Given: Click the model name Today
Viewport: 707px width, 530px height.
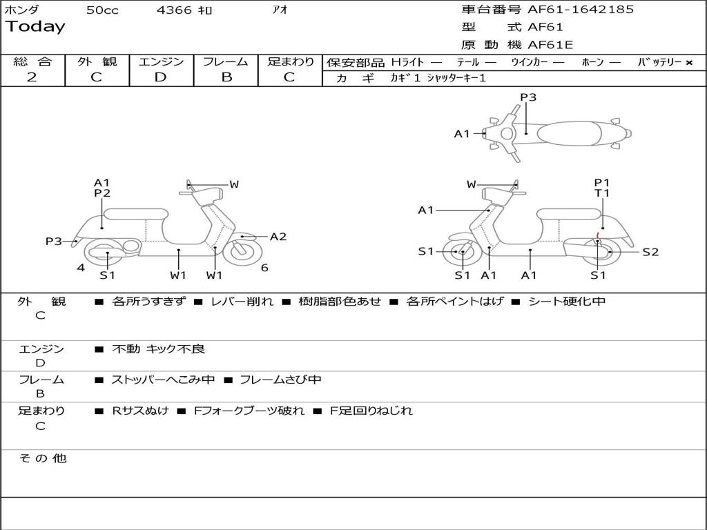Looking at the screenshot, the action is point(35,27).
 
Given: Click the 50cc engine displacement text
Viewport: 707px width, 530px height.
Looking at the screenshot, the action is point(102,10).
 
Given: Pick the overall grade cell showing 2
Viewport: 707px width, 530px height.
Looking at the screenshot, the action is point(32,77).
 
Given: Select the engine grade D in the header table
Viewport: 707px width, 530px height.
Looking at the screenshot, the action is point(161,77).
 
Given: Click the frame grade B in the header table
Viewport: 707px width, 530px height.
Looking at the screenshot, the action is point(226,77).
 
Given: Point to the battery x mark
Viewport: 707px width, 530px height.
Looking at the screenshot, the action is point(688,63).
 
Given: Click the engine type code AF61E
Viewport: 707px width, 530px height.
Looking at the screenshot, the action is point(550,46).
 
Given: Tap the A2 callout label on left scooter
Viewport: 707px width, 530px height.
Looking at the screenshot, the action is point(278,237).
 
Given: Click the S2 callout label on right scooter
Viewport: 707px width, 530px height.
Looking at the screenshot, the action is point(650,252).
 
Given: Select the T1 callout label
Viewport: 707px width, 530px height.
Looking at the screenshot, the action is point(603,193).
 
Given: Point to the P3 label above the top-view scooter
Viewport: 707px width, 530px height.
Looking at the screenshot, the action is point(528,97).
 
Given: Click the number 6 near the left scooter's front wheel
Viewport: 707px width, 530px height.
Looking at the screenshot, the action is point(264,268).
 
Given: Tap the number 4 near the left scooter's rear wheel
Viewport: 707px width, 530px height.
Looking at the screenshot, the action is point(81,268).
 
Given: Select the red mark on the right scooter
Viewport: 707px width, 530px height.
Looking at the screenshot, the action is point(597,238).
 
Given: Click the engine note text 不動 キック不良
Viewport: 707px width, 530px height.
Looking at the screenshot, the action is point(159,349).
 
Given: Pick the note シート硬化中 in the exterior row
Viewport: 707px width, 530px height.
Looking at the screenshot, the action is point(567,302).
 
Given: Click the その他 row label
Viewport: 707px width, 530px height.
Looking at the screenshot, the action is point(43,458).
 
